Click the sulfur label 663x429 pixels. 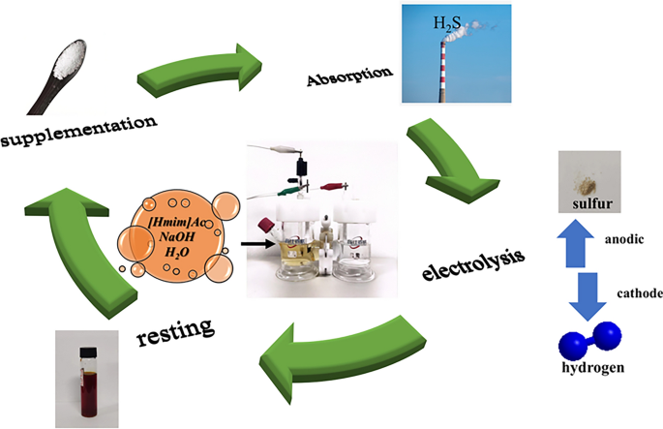[x=591, y=203]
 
